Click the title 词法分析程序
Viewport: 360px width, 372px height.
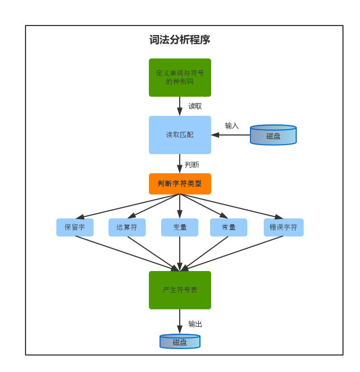point(180,40)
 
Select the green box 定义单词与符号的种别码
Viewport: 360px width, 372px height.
point(180,78)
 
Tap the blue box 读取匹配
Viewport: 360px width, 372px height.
point(180,135)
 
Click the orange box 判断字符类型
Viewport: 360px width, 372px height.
point(180,184)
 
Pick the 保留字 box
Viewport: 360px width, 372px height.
point(75,227)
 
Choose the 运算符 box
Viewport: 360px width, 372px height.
point(127,227)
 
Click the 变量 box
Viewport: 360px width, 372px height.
point(180,227)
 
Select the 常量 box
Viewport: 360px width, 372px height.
point(229,227)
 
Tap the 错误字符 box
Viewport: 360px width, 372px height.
point(283,227)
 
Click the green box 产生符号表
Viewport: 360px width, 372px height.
point(180,290)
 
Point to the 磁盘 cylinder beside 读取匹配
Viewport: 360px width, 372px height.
point(273,136)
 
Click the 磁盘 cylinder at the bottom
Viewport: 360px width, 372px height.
point(180,342)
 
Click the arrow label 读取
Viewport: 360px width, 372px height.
point(195,106)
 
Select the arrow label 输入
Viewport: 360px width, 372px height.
point(232,126)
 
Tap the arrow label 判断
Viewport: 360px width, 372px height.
point(192,165)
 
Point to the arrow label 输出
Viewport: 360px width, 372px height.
point(195,324)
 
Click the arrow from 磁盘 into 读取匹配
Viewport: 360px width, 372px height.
point(231,135)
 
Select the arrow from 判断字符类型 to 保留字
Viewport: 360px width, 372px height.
point(128,206)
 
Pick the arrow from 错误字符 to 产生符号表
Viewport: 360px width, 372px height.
point(232,253)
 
